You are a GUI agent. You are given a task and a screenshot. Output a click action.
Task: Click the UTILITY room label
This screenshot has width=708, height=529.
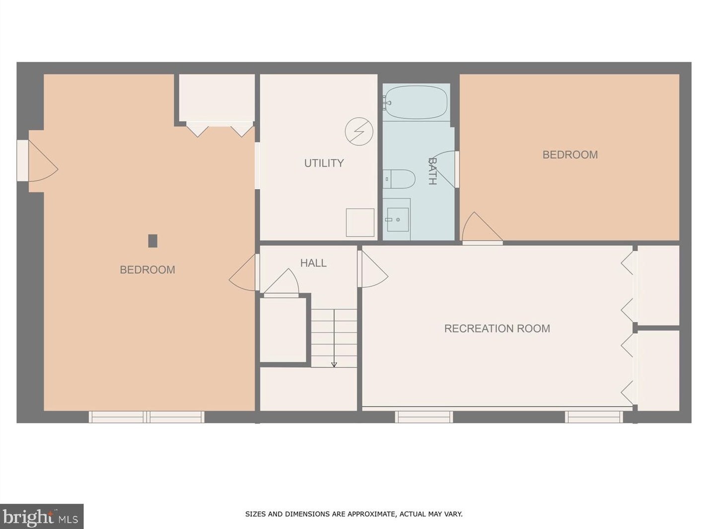[324, 163]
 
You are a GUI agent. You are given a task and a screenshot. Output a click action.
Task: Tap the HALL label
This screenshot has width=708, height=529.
[313, 263]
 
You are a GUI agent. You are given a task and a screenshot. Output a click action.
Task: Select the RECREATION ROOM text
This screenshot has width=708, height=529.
[497, 329]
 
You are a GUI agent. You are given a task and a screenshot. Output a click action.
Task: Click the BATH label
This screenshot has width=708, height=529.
[432, 171]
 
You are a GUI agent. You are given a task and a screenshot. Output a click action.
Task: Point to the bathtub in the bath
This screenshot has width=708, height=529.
[416, 103]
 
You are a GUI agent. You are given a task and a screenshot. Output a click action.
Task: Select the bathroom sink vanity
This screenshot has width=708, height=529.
[397, 219]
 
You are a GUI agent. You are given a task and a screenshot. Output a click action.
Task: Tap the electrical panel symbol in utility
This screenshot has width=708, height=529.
[359, 132]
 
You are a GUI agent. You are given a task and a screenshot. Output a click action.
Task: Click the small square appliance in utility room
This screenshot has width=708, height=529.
[360, 222]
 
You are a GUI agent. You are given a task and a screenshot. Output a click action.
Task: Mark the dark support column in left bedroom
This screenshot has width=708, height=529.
[153, 241]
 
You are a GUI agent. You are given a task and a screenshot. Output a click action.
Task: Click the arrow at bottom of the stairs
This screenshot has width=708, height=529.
[334, 364]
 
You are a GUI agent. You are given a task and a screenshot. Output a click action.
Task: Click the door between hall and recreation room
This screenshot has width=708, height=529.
[372, 270]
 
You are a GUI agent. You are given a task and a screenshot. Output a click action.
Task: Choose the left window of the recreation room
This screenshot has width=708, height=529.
[424, 417]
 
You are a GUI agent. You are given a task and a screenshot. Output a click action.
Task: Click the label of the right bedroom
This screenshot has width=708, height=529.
[570, 155]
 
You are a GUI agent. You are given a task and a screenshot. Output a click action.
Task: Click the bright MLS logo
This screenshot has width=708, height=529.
[41, 517]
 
